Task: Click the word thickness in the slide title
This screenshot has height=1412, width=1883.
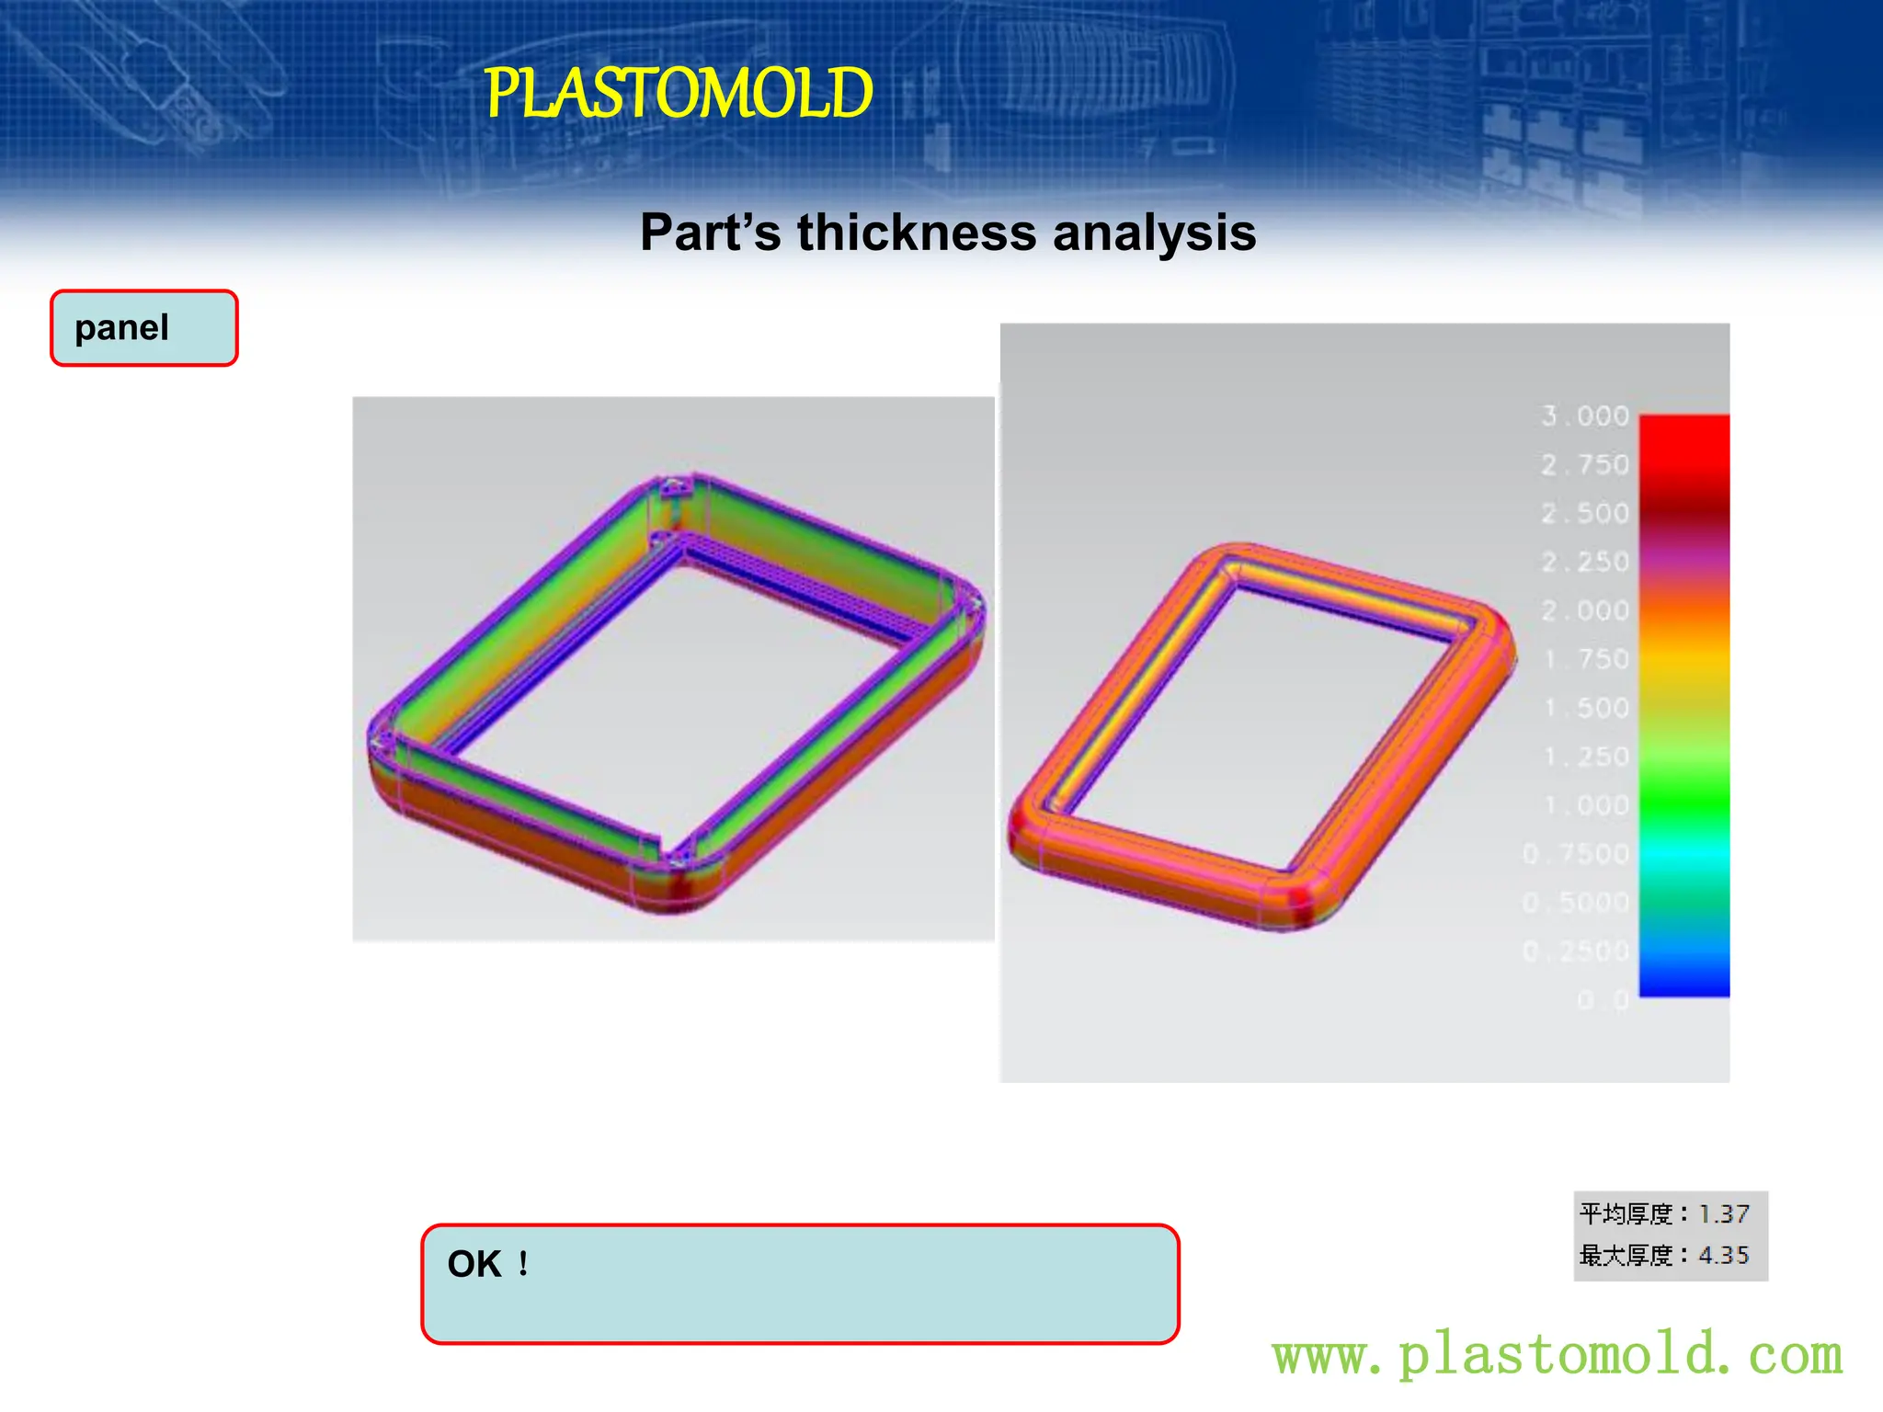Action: point(917,233)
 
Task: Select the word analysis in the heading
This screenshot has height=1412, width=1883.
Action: point(1154,233)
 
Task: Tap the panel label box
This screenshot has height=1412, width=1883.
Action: point(144,328)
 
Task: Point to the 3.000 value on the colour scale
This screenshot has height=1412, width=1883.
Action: point(1585,416)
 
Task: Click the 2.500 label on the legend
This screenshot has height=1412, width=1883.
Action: point(1585,513)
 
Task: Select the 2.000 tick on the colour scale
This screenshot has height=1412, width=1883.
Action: point(1585,610)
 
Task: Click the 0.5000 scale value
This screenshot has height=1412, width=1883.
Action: point(1576,903)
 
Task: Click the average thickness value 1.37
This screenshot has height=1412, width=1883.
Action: point(1724,1214)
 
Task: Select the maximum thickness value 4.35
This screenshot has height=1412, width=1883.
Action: point(1724,1255)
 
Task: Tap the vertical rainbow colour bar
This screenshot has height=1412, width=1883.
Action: point(1683,705)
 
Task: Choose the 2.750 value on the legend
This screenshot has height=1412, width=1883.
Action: point(1585,464)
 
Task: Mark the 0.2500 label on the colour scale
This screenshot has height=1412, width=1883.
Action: point(1576,951)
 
